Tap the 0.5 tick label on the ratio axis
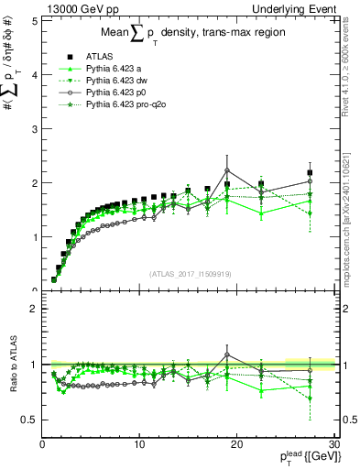(x=29, y=420)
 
